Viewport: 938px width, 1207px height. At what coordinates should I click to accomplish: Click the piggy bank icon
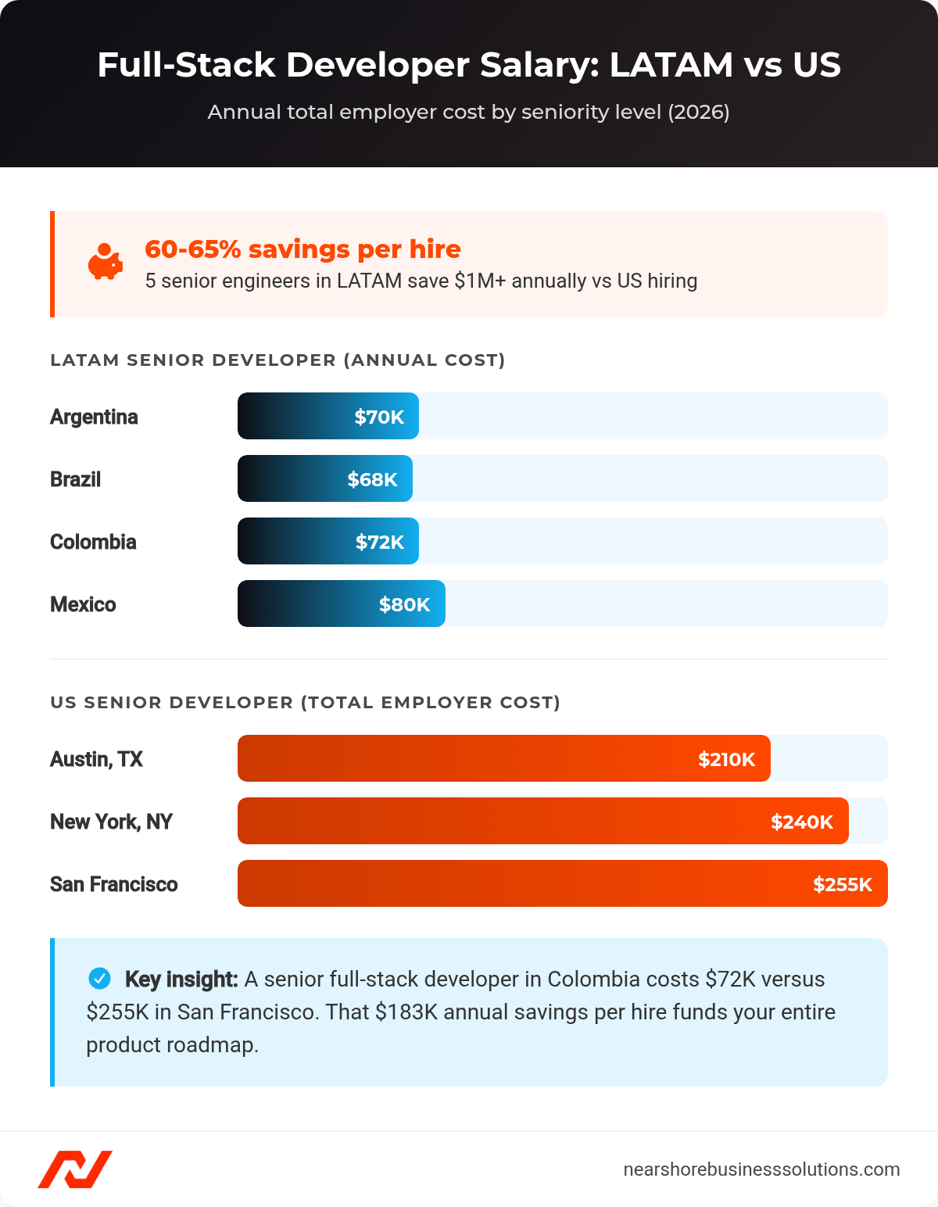[x=105, y=262]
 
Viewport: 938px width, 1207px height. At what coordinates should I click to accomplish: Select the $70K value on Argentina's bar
[x=379, y=417]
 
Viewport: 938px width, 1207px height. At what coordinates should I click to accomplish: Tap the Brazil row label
[x=76, y=479]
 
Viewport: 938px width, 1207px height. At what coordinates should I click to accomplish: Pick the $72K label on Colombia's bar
[x=380, y=542]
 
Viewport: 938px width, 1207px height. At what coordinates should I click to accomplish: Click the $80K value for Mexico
[x=404, y=604]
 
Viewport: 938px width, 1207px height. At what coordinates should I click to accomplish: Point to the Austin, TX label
[x=96, y=759]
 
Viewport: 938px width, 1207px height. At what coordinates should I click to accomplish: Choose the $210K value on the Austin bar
[x=726, y=759]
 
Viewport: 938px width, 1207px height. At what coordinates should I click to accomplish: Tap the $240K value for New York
[x=801, y=822]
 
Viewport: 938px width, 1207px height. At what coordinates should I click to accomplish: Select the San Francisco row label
[x=114, y=884]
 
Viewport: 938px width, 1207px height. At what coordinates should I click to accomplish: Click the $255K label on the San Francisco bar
[x=842, y=884]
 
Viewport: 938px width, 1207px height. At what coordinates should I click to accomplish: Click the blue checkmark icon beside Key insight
[x=99, y=978]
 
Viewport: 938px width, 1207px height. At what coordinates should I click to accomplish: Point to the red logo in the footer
[x=75, y=1169]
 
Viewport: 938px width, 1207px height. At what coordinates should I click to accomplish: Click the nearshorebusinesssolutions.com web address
[x=761, y=1169]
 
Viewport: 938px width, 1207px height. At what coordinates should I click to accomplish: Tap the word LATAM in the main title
[x=671, y=65]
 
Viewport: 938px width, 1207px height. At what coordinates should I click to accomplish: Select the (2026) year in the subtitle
[x=698, y=113]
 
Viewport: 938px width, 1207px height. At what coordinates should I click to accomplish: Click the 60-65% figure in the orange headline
[x=193, y=249]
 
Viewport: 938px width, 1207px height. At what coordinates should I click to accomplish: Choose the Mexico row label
[x=83, y=604]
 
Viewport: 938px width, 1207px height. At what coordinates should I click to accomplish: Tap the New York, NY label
[x=111, y=822]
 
